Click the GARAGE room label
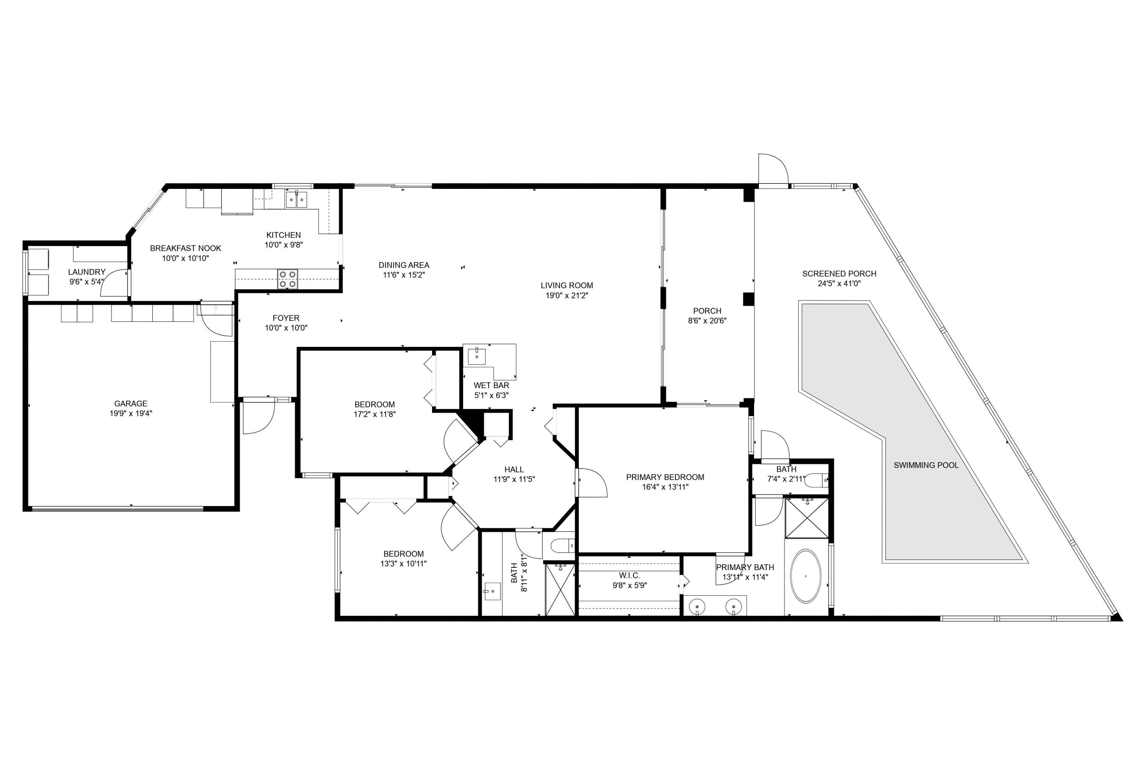point(131,404)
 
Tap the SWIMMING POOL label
point(926,465)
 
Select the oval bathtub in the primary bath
point(806,577)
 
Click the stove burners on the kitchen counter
point(287,279)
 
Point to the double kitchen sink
point(297,200)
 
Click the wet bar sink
point(477,356)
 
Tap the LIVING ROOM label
point(567,285)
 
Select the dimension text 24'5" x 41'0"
point(839,284)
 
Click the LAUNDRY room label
point(87,272)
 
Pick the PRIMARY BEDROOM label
point(665,477)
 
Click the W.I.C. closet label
point(630,576)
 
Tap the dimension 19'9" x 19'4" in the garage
point(131,413)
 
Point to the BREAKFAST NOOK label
point(186,248)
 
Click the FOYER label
point(286,318)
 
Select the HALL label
point(514,470)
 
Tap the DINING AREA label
point(404,265)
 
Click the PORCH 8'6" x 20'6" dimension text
point(707,321)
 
